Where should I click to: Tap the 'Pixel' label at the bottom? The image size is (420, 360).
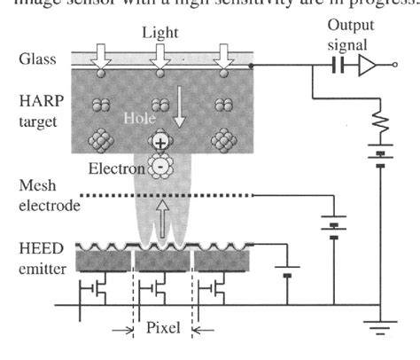pyautogui.click(x=162, y=326)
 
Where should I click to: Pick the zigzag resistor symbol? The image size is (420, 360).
pyautogui.click(x=379, y=125)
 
